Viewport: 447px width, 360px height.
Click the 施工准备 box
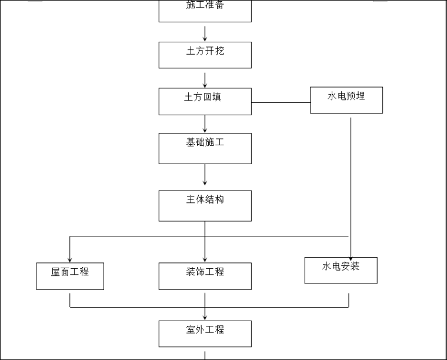click(205, 11)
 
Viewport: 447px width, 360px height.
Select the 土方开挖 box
click(205, 55)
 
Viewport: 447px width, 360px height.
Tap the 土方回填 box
click(205, 101)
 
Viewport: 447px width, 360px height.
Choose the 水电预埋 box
click(346, 100)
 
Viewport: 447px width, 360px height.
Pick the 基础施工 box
click(205, 148)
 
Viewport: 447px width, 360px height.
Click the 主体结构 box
click(205, 205)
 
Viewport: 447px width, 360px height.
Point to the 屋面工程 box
click(70, 276)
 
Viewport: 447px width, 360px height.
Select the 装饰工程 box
click(205, 276)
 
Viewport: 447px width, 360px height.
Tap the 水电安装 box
click(341, 270)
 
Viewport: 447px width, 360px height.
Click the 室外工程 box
click(205, 334)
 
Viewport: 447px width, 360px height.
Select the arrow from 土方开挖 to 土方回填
click(205, 78)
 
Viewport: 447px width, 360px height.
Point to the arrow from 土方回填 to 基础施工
click(205, 124)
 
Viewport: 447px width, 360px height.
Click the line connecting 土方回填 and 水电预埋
click(281, 102)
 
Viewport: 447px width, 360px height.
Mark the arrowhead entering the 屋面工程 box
click(70, 259)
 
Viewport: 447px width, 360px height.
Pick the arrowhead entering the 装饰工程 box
click(205, 259)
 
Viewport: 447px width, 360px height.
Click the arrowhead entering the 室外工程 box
click(205, 317)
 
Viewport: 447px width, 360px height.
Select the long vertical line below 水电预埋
click(351, 176)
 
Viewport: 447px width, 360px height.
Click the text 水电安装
click(341, 266)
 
